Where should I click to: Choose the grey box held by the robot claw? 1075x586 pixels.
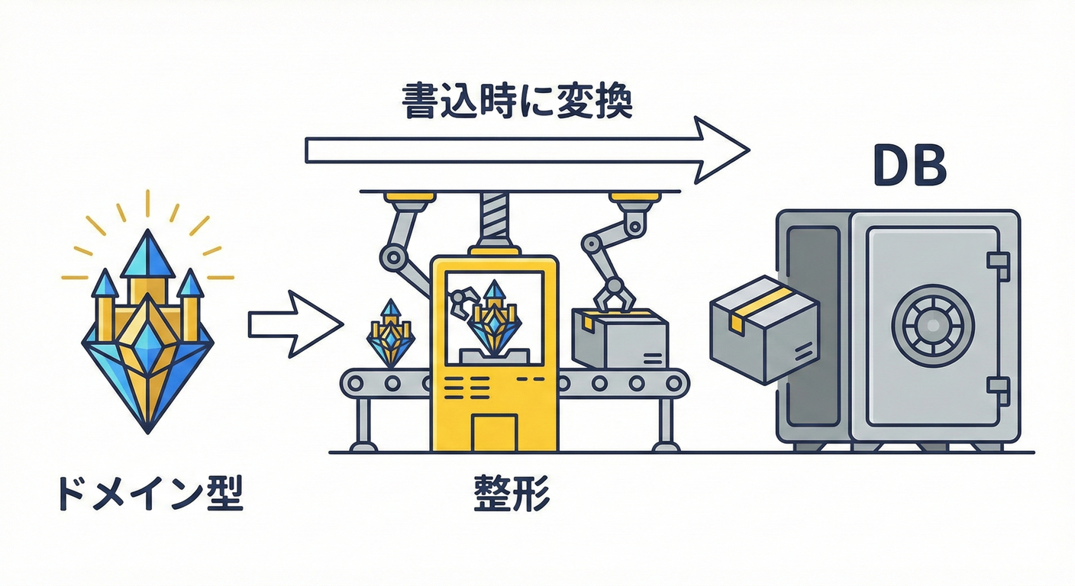619,339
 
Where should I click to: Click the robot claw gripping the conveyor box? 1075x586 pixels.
614,293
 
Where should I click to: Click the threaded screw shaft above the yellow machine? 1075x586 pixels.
492,219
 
